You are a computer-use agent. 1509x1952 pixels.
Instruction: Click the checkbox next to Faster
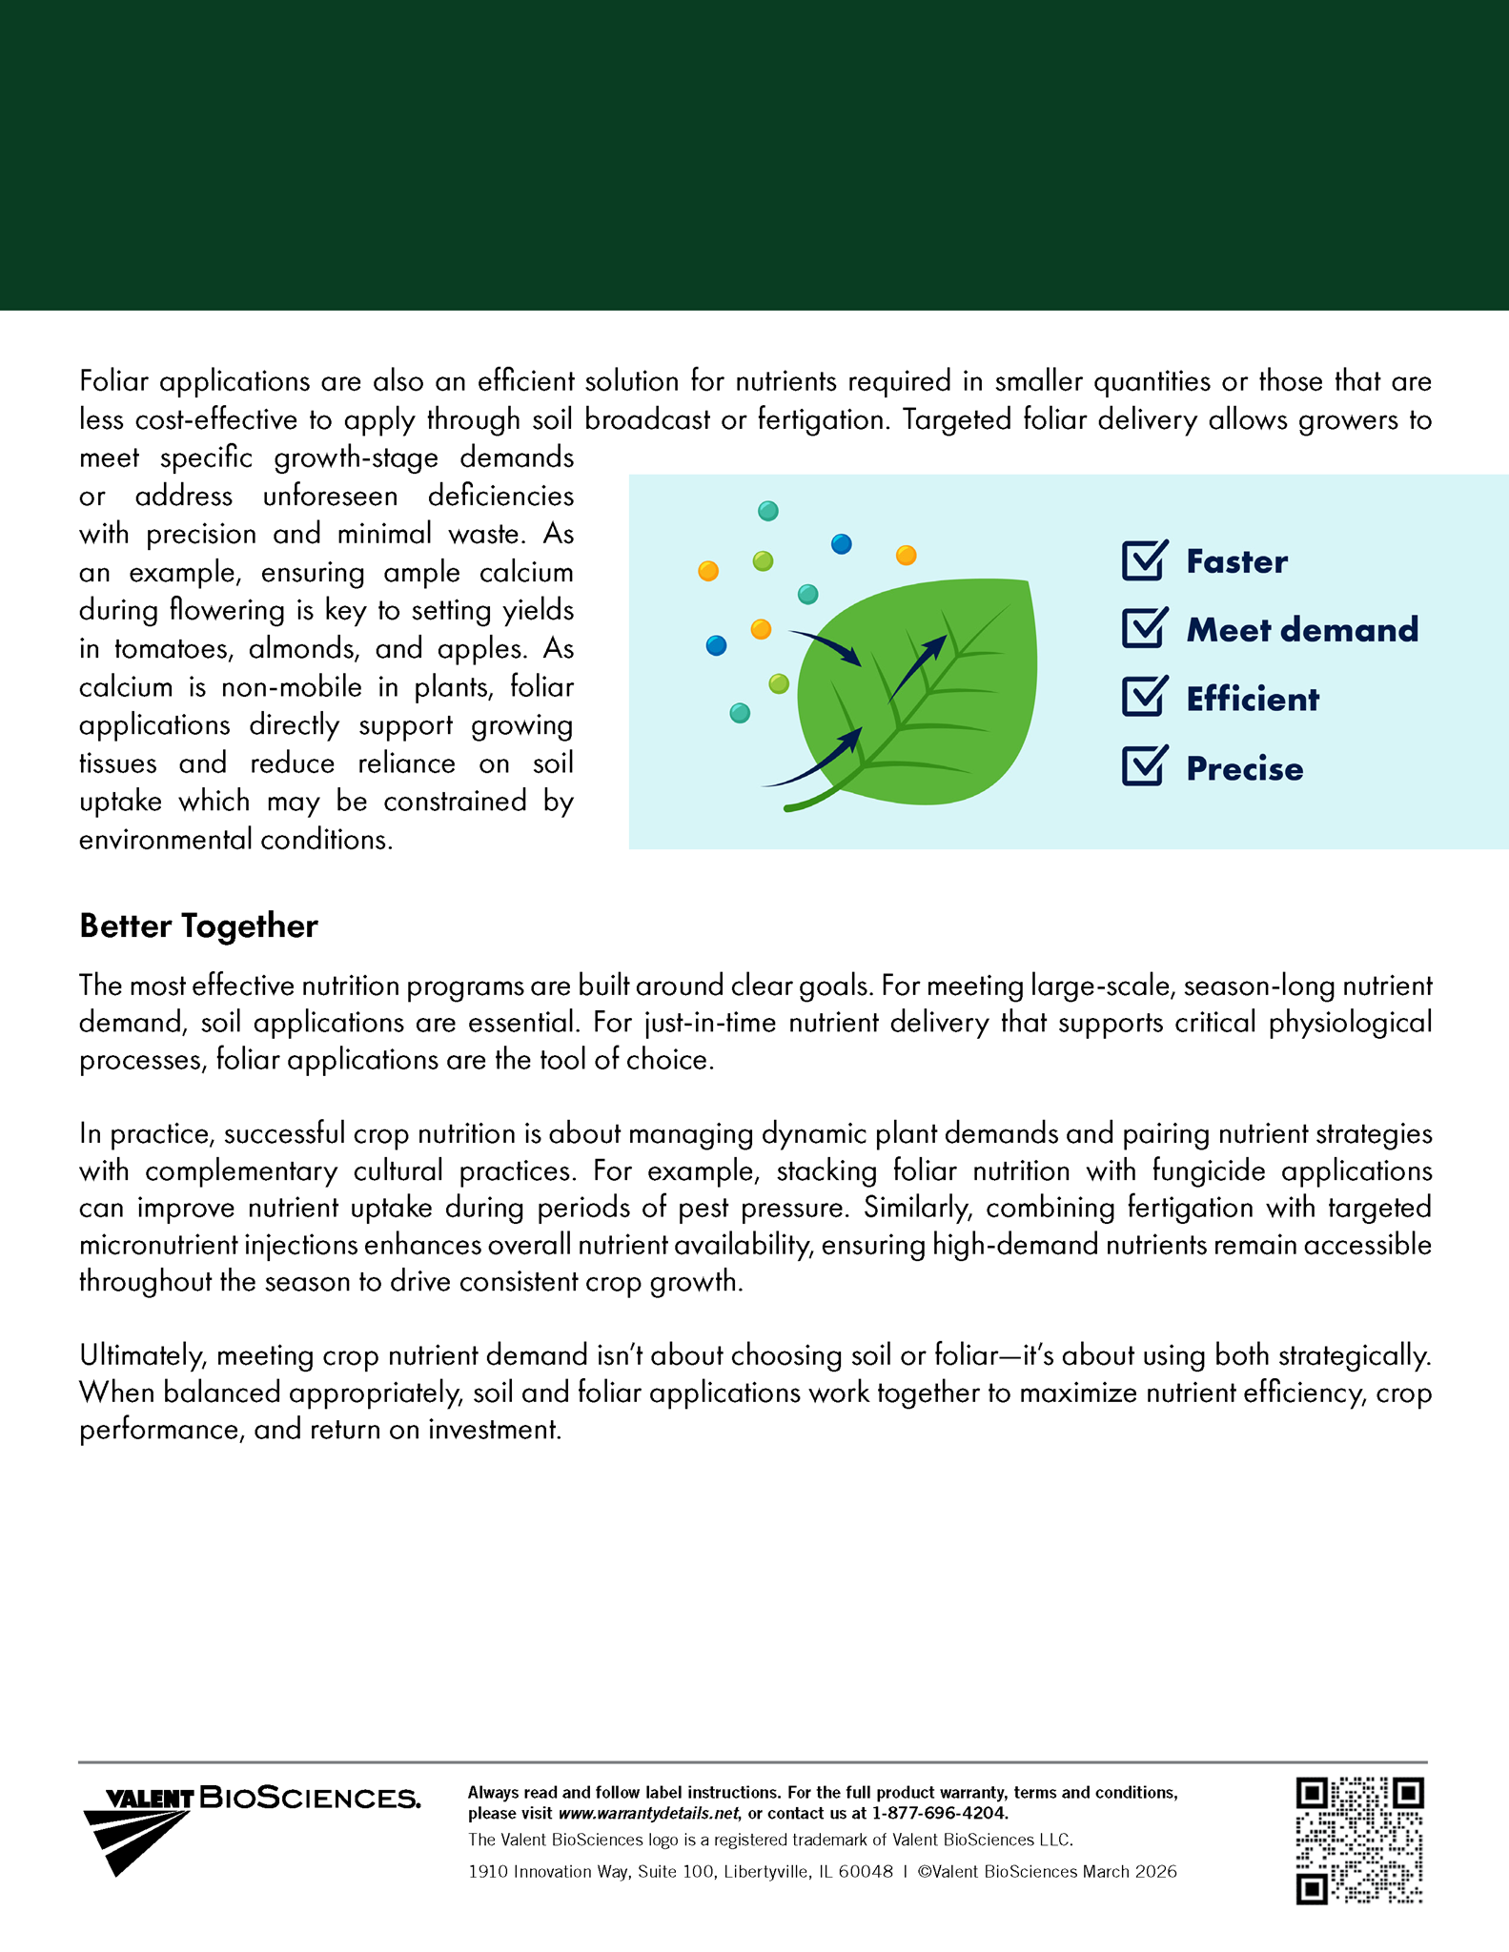[1143, 560]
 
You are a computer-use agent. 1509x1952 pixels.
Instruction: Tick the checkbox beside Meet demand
[1143, 629]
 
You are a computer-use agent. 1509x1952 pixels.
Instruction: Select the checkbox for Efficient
[1143, 698]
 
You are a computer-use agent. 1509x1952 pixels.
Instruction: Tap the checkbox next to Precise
[1143, 766]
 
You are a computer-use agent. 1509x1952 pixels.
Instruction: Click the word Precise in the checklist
[1244, 769]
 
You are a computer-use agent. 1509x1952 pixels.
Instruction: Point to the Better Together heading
[198, 925]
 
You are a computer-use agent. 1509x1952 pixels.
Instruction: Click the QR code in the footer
[1359, 1840]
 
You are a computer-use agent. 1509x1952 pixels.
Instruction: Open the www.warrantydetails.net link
[648, 1813]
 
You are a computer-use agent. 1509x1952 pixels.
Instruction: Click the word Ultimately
[144, 1355]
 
